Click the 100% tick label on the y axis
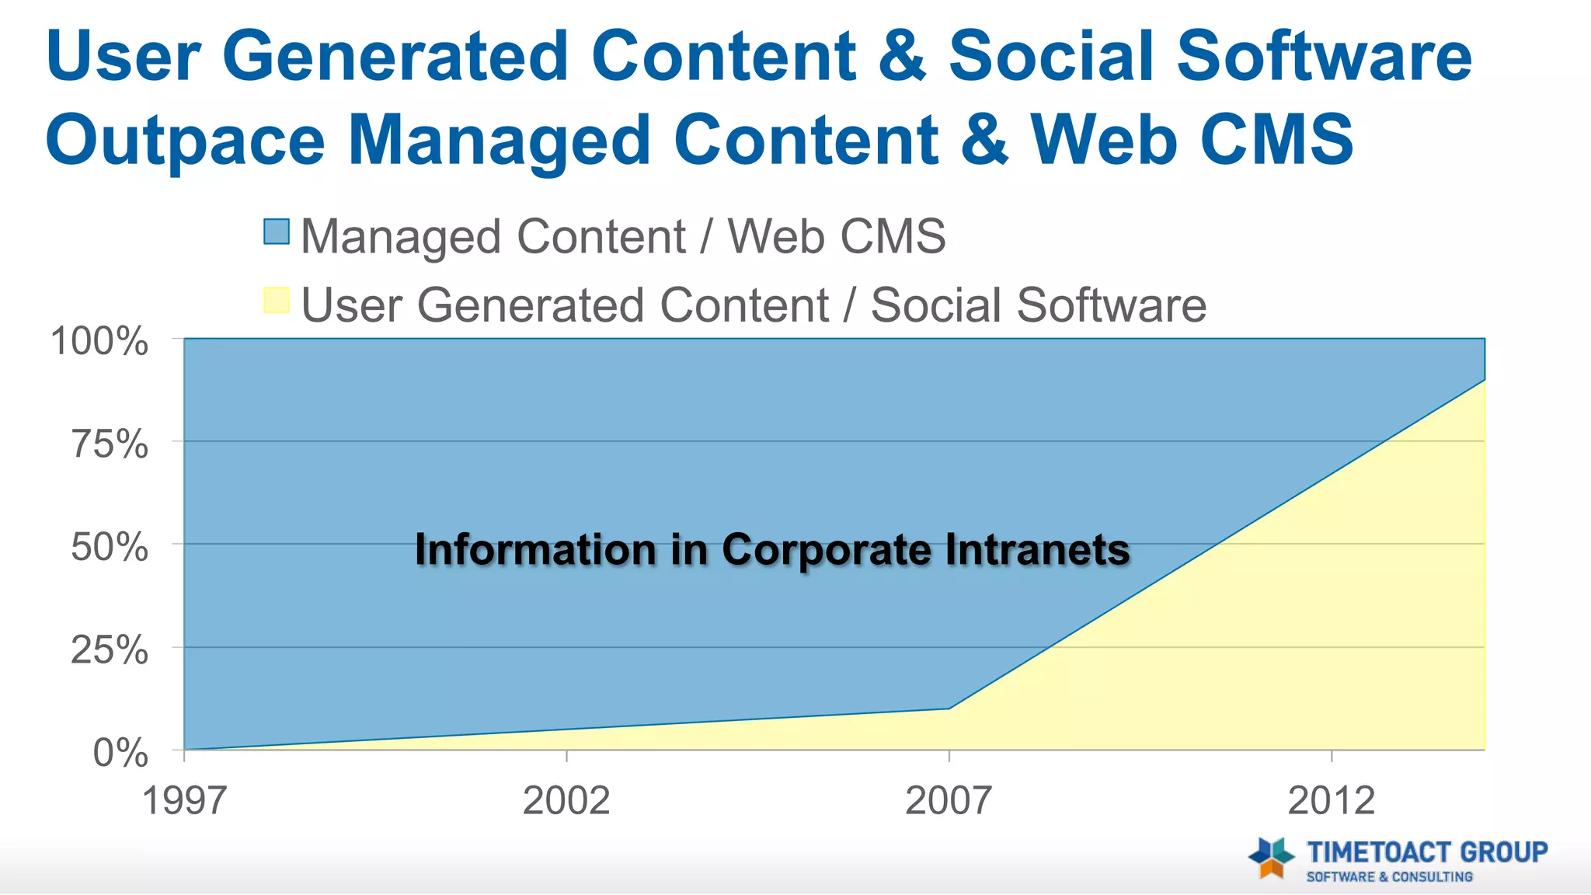point(99,342)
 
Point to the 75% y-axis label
point(110,444)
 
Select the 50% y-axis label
point(110,547)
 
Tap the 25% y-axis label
point(110,649)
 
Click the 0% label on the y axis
point(120,753)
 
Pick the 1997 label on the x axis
point(184,800)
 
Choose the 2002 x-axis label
point(566,800)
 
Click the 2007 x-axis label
point(949,800)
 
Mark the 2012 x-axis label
point(1332,800)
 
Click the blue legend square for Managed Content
point(277,232)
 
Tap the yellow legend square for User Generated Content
point(277,300)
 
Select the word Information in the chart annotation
point(536,550)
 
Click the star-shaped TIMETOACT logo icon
point(1271,858)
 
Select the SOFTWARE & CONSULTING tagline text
point(1389,877)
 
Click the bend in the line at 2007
point(949,709)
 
